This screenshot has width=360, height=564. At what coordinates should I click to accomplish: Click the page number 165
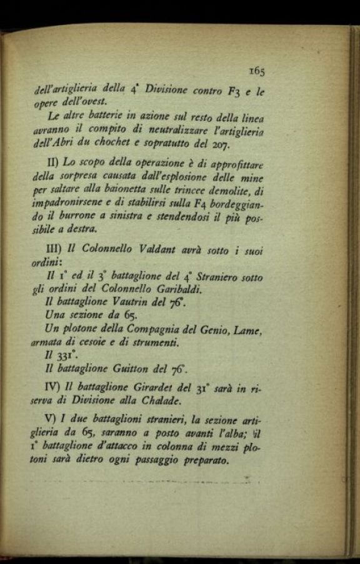(256, 71)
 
